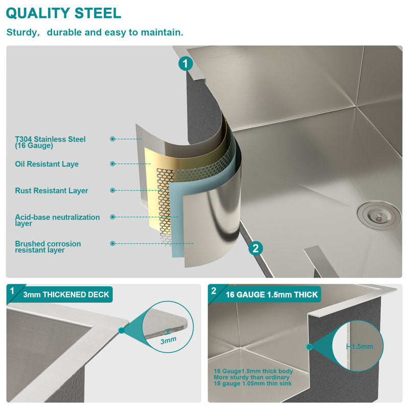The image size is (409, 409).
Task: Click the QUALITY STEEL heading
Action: pyautogui.click(x=63, y=13)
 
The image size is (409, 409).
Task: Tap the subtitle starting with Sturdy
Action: pyautogui.click(x=95, y=32)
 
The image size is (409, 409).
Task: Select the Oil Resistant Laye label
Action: pyautogui.click(x=47, y=164)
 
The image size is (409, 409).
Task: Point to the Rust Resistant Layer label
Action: pyautogui.click(x=52, y=190)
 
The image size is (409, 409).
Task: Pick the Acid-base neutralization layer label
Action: pyautogui.click(x=57, y=220)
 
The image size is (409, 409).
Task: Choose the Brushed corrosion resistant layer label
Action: pyautogui.click(x=48, y=247)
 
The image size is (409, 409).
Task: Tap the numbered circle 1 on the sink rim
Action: pyautogui.click(x=186, y=63)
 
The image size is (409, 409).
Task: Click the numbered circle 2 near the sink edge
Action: pyautogui.click(x=255, y=248)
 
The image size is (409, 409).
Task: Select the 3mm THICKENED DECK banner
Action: pyautogui.click(x=66, y=294)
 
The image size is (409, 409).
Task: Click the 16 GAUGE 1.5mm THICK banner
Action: pyautogui.click(x=272, y=294)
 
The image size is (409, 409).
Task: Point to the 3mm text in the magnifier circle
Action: pyautogui.click(x=168, y=340)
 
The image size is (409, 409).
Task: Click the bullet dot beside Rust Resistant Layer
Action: pyautogui.click(x=112, y=190)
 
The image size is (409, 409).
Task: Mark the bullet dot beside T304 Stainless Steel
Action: pyautogui.click(x=112, y=139)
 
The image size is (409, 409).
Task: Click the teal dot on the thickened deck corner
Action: pyautogui.click(x=121, y=330)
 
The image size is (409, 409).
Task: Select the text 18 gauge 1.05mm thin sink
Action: pyautogui.click(x=253, y=383)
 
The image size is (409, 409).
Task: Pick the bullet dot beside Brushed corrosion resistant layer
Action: pyautogui.click(x=112, y=243)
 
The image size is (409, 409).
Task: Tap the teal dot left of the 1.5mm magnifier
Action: pyautogui.click(x=309, y=347)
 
